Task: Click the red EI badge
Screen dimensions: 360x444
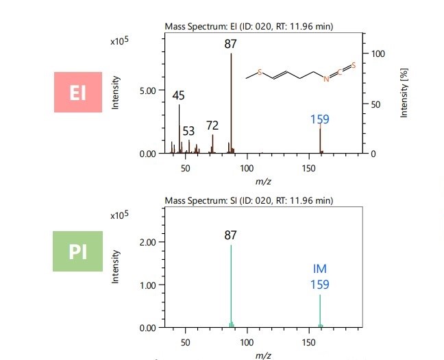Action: point(77,92)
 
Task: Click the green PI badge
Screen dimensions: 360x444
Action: point(77,251)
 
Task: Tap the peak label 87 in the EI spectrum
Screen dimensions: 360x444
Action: point(230,45)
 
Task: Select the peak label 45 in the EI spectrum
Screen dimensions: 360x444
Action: point(178,97)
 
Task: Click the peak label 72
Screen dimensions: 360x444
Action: point(212,125)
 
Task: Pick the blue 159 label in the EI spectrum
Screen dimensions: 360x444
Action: point(319,119)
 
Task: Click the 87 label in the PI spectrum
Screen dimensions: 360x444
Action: point(230,235)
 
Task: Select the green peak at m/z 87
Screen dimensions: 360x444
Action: point(231,288)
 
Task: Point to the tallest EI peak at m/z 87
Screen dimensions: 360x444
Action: point(232,103)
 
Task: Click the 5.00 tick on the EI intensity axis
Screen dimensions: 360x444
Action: point(147,90)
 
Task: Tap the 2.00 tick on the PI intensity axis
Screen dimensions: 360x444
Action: point(147,242)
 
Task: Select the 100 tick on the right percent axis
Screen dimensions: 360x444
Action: point(378,53)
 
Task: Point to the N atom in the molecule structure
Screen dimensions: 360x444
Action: point(327,80)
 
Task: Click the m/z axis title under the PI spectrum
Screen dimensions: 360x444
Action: point(262,355)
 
